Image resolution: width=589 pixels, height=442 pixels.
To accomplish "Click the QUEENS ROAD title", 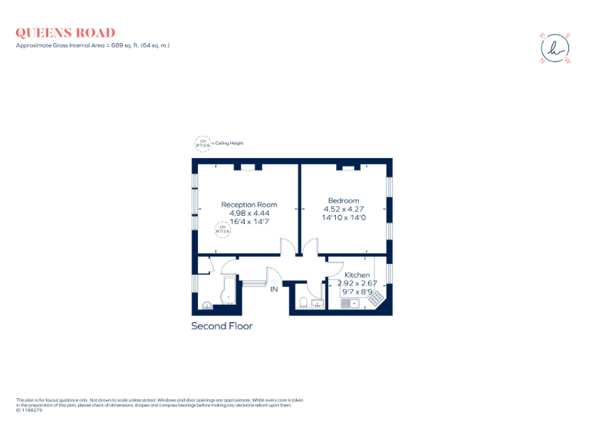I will (x=65, y=33).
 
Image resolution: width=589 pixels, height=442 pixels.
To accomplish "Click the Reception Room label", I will (x=249, y=205).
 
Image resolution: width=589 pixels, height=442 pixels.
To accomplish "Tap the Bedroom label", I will (x=343, y=201).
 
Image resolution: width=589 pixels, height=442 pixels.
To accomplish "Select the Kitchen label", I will (x=357, y=275).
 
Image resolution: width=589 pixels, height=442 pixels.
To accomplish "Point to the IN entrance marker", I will (x=273, y=289).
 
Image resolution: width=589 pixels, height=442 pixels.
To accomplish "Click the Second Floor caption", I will (x=222, y=326).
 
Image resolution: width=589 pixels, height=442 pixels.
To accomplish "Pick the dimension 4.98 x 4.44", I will (x=249, y=213).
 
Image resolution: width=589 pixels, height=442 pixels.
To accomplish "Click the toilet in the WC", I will (x=304, y=301).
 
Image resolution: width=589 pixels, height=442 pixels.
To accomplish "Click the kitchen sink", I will (x=351, y=303).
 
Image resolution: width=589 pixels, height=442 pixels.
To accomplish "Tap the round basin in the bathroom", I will (x=206, y=305).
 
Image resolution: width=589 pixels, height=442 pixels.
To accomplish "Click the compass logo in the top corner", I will (x=555, y=48).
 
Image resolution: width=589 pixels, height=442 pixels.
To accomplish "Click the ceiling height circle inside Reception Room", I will (x=223, y=229).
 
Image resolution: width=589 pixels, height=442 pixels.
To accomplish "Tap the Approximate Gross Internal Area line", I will (x=93, y=45).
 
